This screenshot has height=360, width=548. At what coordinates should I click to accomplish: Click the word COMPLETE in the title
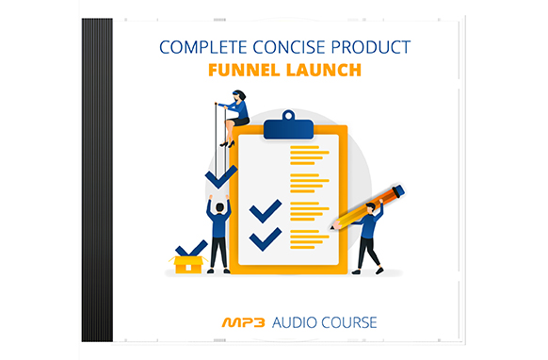[x=200, y=44]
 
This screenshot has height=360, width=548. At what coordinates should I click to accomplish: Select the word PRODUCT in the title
[x=370, y=44]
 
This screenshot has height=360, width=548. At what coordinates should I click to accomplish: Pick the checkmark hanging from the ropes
[x=221, y=174]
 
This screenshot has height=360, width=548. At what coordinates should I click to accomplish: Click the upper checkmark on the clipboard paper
[x=266, y=209]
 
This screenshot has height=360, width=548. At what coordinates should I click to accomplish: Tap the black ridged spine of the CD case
[x=97, y=179]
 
